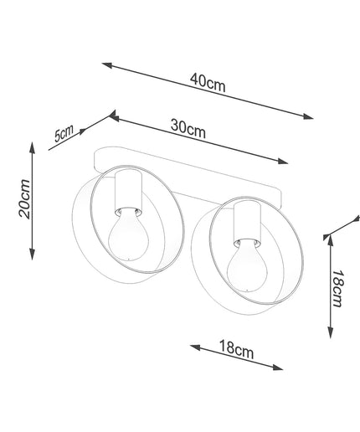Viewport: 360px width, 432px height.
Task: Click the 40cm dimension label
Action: [208, 83]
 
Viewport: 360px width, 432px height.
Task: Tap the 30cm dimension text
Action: [188, 129]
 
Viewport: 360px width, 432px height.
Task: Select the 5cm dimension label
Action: [64, 133]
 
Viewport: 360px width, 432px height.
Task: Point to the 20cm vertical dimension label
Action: [24, 198]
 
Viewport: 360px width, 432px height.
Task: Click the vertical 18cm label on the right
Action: [337, 288]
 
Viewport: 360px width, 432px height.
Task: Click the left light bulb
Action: [127, 234]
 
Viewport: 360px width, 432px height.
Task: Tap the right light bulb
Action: [246, 265]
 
